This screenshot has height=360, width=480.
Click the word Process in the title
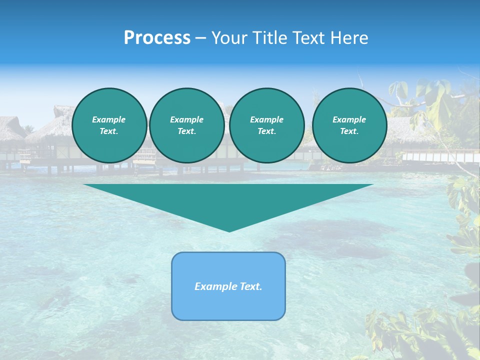(157, 38)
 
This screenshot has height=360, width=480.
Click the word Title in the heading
(268, 38)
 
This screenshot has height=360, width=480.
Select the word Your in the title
(230, 38)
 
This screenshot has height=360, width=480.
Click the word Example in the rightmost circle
(349, 119)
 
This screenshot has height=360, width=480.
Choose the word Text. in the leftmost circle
(109, 131)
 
